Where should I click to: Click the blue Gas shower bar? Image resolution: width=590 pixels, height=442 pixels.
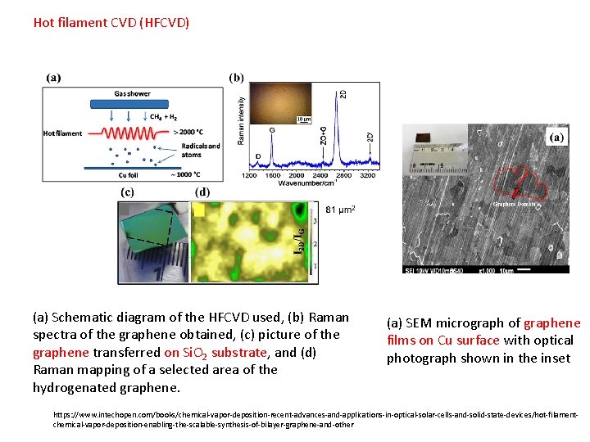pos(132,103)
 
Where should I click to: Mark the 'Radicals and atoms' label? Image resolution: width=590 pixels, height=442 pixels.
pos(200,151)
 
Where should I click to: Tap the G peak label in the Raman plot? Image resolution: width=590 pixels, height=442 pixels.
pos(271,129)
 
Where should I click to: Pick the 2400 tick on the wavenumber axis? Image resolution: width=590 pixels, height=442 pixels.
pos(320,175)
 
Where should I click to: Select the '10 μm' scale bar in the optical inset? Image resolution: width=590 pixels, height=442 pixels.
pos(303,120)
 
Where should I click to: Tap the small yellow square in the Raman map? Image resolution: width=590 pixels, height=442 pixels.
pos(198,210)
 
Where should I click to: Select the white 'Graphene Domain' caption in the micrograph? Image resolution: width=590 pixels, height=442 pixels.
pos(515,204)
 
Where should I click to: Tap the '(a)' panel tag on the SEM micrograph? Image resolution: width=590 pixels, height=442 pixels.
pos(556,138)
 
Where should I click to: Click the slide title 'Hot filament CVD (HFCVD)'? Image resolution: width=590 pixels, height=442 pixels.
pos(111,22)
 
